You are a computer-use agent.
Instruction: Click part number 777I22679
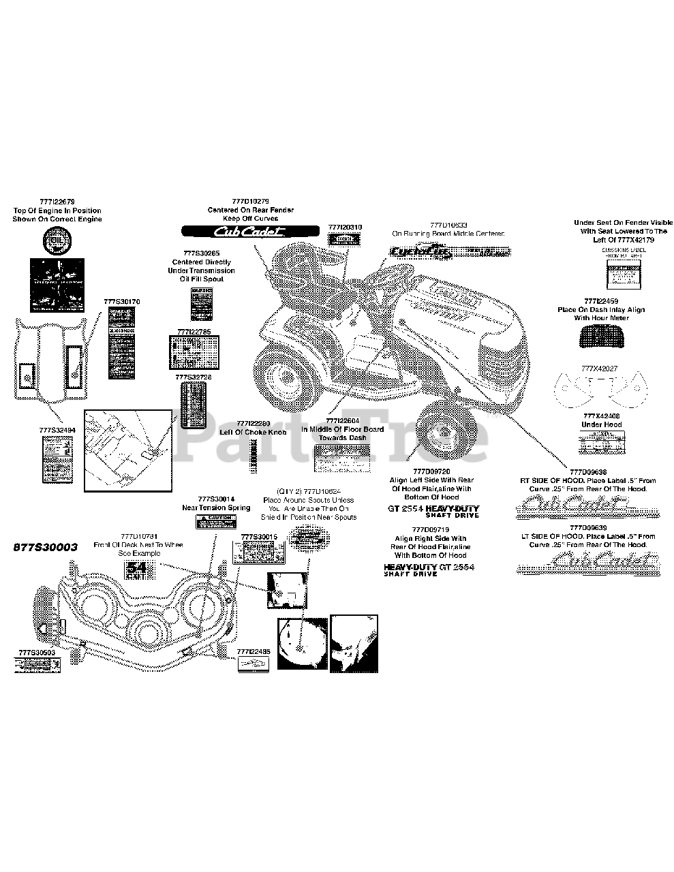click(x=57, y=202)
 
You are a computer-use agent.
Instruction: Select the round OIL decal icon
click(x=57, y=240)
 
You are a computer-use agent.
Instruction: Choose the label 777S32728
click(x=194, y=377)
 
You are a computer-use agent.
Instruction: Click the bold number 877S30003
click(x=46, y=546)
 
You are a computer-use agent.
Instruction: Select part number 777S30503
click(x=37, y=652)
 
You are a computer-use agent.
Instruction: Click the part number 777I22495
click(x=254, y=651)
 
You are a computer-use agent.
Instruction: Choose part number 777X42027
click(x=600, y=368)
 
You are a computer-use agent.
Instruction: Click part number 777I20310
click(x=345, y=227)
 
